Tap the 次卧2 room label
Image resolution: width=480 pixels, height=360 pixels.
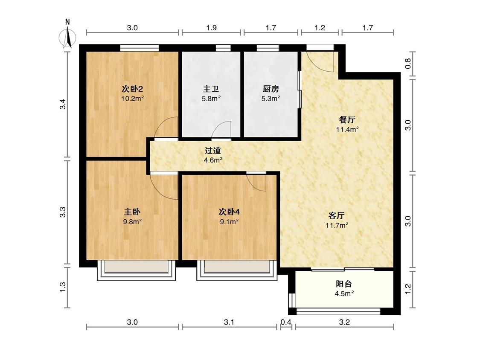pyautogui.click(x=133, y=89)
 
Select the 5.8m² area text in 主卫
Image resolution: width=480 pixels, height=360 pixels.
pyautogui.click(x=211, y=99)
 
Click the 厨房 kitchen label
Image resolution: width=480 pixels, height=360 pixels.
pyautogui.click(x=271, y=89)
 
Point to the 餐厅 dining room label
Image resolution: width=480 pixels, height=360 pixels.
pyautogui.click(x=347, y=120)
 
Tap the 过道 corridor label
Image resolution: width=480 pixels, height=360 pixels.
pyautogui.click(x=213, y=151)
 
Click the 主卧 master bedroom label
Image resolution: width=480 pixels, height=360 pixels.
pyautogui.click(x=132, y=212)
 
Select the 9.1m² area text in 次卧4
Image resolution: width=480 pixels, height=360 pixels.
pyautogui.click(x=229, y=222)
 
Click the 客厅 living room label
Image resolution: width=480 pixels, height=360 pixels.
pyautogui.click(x=337, y=215)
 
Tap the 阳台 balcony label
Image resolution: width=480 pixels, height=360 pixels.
pyautogui.click(x=344, y=284)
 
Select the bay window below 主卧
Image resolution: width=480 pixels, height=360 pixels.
pyautogui.click(x=137, y=270)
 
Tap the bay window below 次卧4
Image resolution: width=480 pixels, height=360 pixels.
pyautogui.click(x=237, y=270)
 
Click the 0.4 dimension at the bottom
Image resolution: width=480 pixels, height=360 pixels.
pyautogui.click(x=286, y=322)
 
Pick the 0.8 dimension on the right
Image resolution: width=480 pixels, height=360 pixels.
pyautogui.click(x=408, y=64)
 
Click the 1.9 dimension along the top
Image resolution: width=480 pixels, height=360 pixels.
pyautogui.click(x=211, y=28)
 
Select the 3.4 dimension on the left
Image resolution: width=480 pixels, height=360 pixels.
pyautogui.click(x=63, y=105)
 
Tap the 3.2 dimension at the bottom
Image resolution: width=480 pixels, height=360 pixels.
pyautogui.click(x=344, y=322)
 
